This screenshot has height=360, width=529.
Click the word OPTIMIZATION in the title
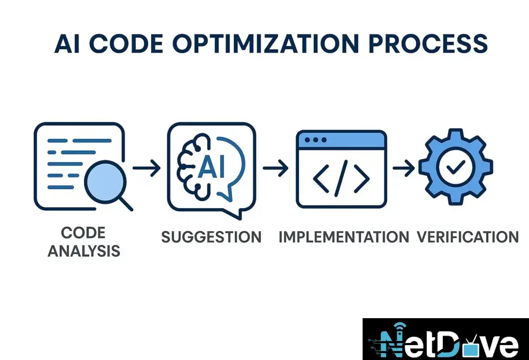click(x=266, y=44)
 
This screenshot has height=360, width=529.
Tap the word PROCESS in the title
click(x=428, y=44)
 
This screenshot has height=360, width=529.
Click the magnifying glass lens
click(x=105, y=182)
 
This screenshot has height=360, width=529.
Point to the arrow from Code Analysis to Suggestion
click(x=147, y=168)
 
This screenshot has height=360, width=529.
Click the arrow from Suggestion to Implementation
click(x=275, y=168)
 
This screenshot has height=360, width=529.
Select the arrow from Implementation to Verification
click(x=404, y=168)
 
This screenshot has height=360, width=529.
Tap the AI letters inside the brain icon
click(x=211, y=166)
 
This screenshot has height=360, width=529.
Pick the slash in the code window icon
click(x=341, y=178)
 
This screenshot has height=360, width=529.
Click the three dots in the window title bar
click(x=315, y=140)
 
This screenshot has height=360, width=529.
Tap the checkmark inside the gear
click(x=455, y=166)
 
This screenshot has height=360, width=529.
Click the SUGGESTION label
click(x=212, y=237)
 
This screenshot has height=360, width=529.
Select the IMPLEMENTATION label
click(x=344, y=237)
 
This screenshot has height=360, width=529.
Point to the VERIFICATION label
click(x=468, y=237)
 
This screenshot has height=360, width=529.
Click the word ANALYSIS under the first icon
click(x=84, y=251)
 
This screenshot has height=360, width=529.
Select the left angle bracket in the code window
click(x=321, y=178)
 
